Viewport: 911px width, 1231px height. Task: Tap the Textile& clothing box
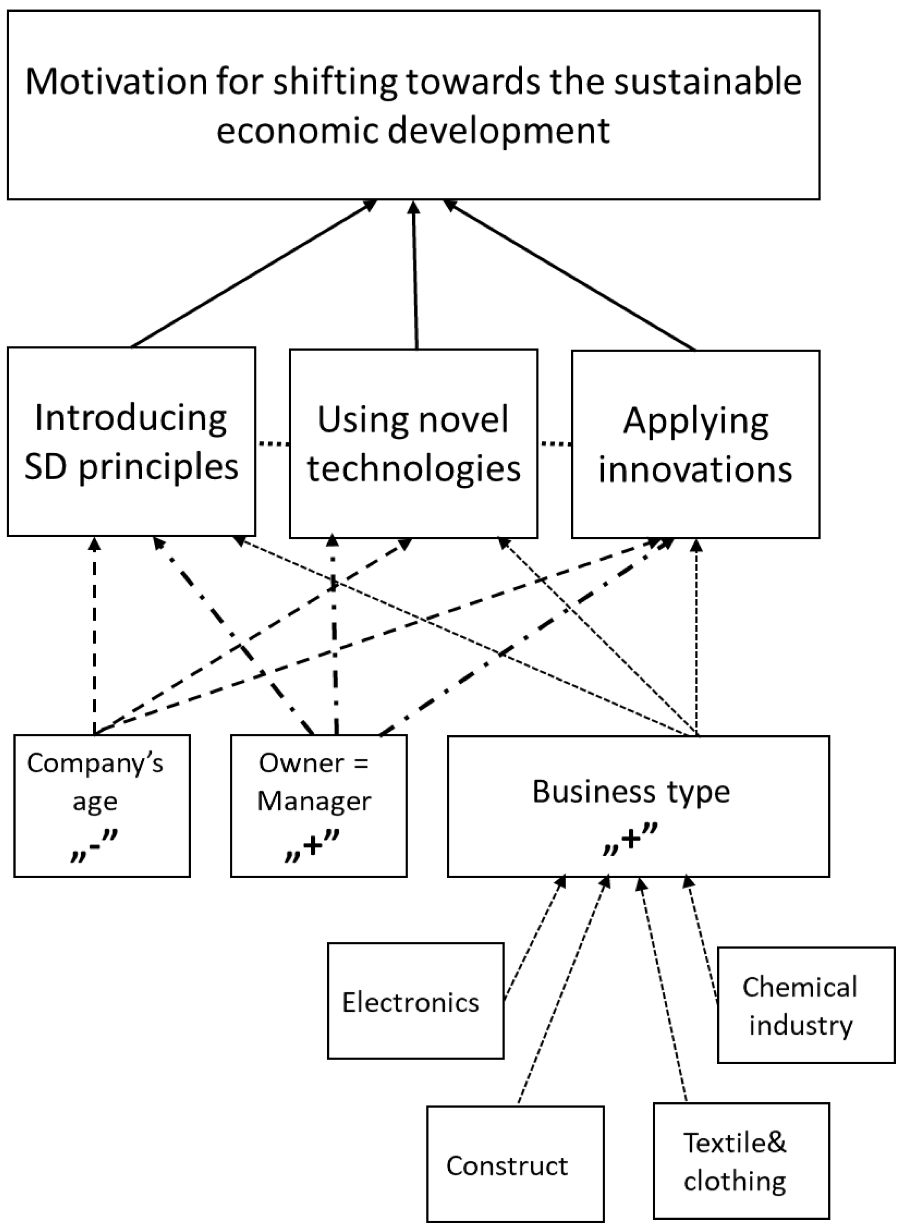[741, 1160]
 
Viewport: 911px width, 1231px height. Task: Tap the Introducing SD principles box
[131, 442]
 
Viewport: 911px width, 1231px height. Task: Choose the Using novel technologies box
[413, 444]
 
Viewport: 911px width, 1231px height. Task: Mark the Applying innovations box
[695, 444]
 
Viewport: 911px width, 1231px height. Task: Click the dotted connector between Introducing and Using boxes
[273, 443]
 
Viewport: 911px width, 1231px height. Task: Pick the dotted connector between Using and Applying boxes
[555, 443]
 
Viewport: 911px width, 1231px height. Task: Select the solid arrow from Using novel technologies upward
[415, 276]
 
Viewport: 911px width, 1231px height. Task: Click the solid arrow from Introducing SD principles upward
[254, 274]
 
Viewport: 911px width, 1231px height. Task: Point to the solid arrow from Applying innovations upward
[571, 276]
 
